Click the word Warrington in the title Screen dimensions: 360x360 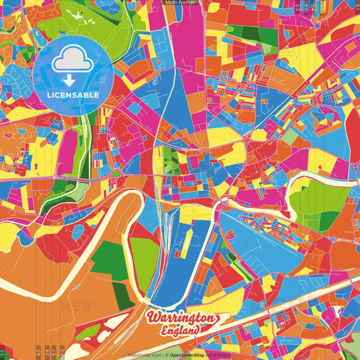(181, 318)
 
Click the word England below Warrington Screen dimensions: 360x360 (180, 330)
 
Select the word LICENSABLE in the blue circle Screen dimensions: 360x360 (73, 95)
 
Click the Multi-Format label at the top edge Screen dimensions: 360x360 (180, 3)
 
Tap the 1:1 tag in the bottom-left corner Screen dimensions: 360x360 (3, 353)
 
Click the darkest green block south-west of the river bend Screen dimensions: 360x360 (122, 294)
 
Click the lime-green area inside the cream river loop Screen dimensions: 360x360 (143, 260)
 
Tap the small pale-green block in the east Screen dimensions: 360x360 (289, 137)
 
